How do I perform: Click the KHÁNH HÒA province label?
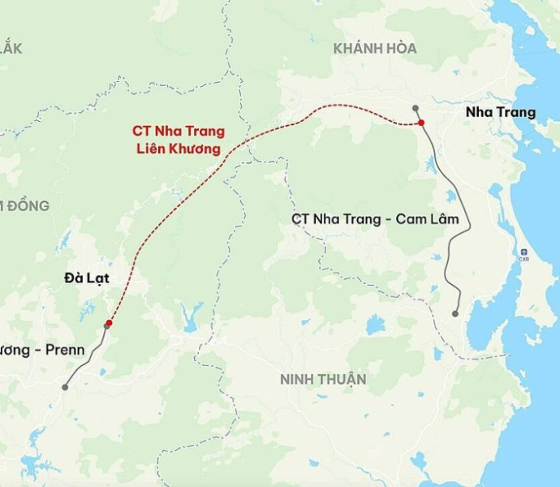[374, 49]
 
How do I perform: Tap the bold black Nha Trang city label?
[501, 112]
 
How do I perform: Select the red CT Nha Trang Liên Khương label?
[178, 140]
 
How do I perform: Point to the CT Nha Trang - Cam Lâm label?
[375, 219]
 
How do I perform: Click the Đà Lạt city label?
[86, 278]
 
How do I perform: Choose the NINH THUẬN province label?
[323, 379]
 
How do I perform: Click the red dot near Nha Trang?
[421, 123]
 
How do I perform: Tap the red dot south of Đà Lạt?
[109, 323]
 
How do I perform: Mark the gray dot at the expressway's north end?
[415, 107]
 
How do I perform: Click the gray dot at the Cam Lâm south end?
[455, 313]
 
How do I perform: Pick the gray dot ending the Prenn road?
[65, 387]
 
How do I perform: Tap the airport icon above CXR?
[524, 252]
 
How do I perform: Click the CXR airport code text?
[524, 261]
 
